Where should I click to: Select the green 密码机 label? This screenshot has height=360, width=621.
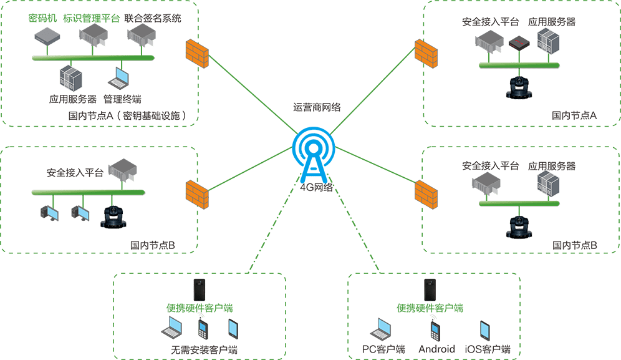pos(42,18)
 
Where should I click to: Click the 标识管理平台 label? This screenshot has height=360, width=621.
pos(91,18)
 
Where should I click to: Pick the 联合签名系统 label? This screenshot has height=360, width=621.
pos(153,18)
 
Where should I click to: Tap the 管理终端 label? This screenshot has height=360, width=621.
pos(122,99)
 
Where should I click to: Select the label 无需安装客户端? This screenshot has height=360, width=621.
pos(204,349)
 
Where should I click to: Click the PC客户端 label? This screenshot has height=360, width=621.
pos(383,349)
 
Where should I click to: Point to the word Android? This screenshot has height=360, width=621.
pos(436,349)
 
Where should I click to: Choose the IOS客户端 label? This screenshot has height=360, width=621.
pos(488,349)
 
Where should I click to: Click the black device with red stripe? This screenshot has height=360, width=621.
pos(519,43)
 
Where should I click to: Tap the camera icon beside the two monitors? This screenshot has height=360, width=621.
pos(113,217)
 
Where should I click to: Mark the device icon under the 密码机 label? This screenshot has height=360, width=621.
pos(46,37)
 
